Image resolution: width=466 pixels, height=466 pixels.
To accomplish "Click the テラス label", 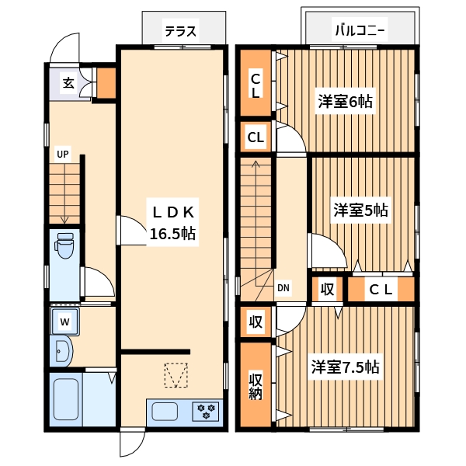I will [x=180, y=32].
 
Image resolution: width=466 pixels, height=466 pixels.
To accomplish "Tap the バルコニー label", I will [x=360, y=32].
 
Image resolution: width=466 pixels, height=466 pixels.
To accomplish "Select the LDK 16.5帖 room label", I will [x=172, y=222].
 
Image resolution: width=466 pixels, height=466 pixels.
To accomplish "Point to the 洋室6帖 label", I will [x=344, y=102].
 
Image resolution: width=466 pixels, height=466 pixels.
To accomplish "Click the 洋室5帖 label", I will [x=361, y=210].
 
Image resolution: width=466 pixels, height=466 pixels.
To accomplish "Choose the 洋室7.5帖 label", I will [x=346, y=367].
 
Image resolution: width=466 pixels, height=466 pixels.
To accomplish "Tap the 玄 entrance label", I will [x=68, y=83].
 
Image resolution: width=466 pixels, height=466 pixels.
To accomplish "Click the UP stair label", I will [x=62, y=154].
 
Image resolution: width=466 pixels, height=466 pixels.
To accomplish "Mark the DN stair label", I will [x=283, y=288].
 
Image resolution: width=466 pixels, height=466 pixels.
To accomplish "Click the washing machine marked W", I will [x=65, y=322].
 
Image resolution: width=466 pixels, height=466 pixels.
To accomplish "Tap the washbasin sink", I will [x=62, y=352].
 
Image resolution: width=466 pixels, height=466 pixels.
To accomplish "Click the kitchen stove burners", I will [x=207, y=410].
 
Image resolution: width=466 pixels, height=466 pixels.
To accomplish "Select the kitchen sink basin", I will [x=165, y=411].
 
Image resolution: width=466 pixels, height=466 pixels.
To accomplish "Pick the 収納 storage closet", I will [x=256, y=384].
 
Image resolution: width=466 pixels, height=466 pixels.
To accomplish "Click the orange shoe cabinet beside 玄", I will [x=106, y=82].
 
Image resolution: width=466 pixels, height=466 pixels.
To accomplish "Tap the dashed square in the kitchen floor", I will [x=176, y=375].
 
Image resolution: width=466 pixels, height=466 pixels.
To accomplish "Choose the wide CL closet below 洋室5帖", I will [x=381, y=290].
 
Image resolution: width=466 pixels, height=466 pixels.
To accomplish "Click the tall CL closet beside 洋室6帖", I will [x=256, y=82].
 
